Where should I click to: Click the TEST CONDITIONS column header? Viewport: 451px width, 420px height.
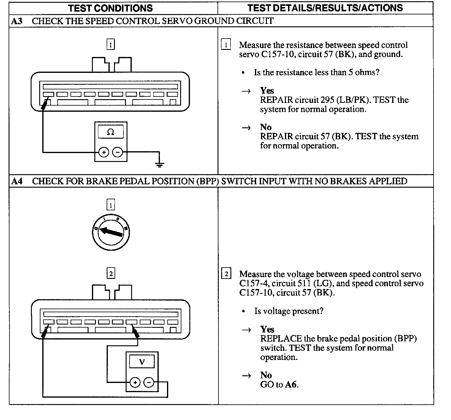coord(110,8)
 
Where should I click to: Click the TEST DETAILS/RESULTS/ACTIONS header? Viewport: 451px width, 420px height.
coord(325,8)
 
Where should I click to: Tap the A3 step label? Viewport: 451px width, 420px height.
coord(17,21)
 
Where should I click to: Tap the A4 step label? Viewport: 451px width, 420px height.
coord(17,181)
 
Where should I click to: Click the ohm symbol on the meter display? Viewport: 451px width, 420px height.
coord(111,132)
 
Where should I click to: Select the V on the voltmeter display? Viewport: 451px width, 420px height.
coord(142,362)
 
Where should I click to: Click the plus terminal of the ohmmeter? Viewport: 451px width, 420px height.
coord(104,152)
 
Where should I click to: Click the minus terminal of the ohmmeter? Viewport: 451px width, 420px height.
coord(118,152)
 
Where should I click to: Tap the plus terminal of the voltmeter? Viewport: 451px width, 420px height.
coord(135,382)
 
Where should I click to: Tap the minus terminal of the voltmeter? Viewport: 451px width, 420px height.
coord(149,382)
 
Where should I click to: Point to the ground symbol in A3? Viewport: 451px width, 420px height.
coord(159,165)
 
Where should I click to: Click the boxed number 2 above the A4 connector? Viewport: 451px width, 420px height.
coord(111,273)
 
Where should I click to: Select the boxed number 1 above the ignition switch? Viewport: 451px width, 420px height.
coord(110,204)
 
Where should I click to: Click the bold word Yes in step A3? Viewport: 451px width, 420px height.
coord(267,91)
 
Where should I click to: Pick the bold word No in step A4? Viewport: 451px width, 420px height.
coord(266,375)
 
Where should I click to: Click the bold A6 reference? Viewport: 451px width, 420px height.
coord(291,384)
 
